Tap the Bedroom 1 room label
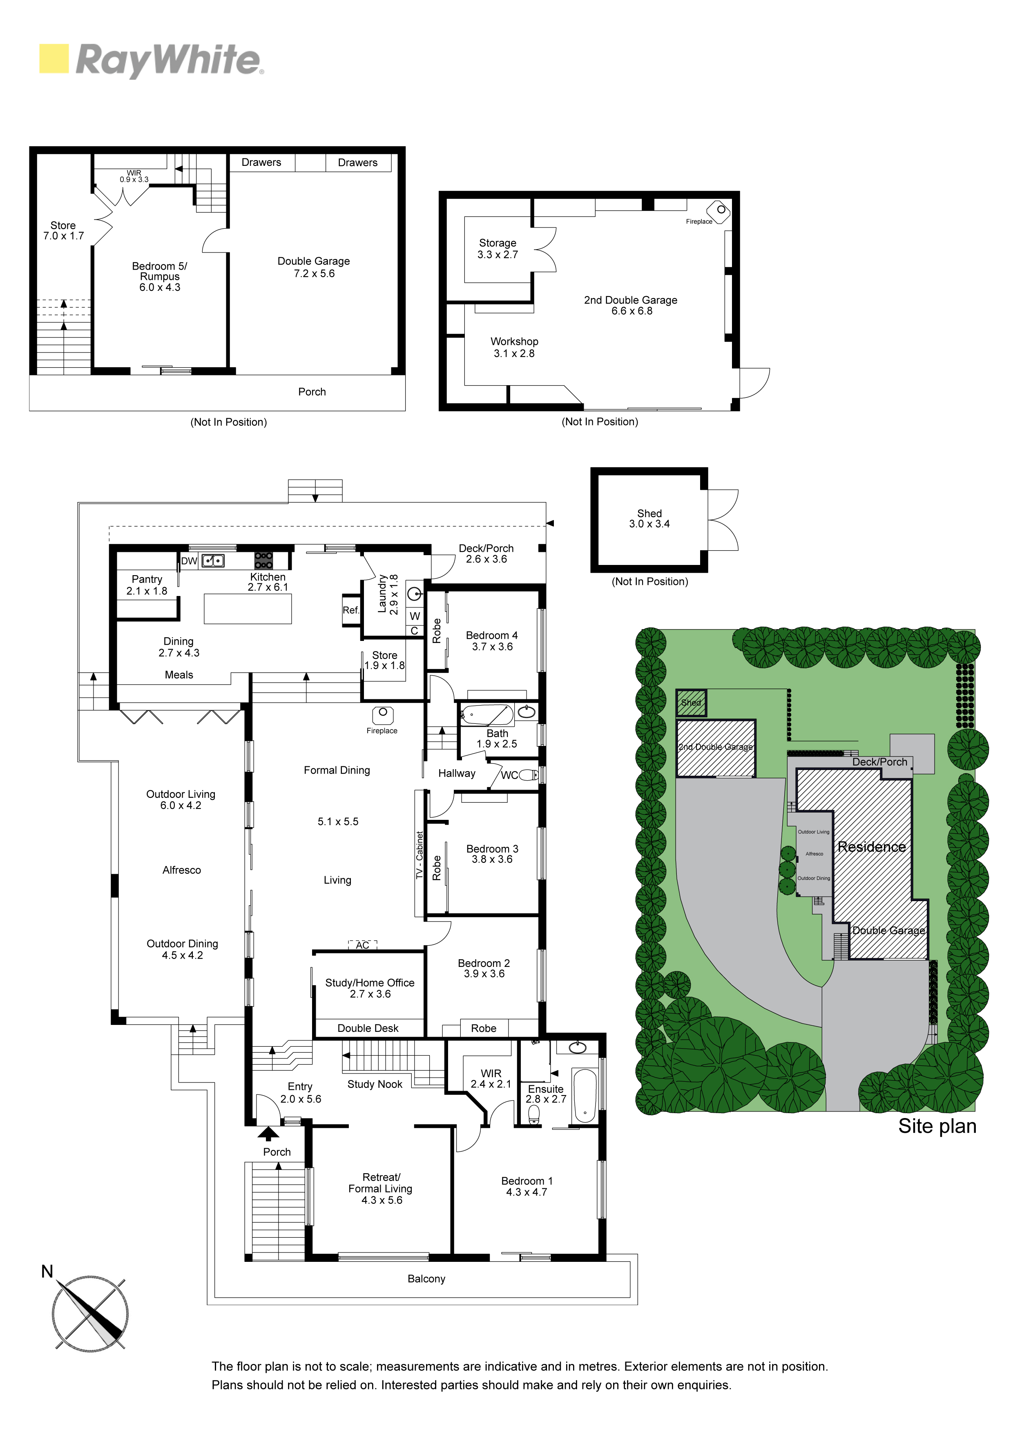click(x=527, y=1181)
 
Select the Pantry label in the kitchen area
click(x=147, y=579)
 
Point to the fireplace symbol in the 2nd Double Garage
click(x=718, y=211)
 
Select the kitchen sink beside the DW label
click(x=213, y=560)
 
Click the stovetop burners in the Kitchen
click(x=263, y=560)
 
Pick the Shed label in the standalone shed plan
click(x=649, y=513)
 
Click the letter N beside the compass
click(x=47, y=1271)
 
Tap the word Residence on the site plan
click(x=871, y=846)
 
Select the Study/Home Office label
click(x=370, y=982)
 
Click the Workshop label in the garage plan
click(x=514, y=342)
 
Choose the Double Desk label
click(x=368, y=1028)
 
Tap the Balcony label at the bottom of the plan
click(x=426, y=1279)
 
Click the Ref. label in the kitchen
click(x=351, y=610)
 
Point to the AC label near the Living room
click(x=363, y=945)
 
